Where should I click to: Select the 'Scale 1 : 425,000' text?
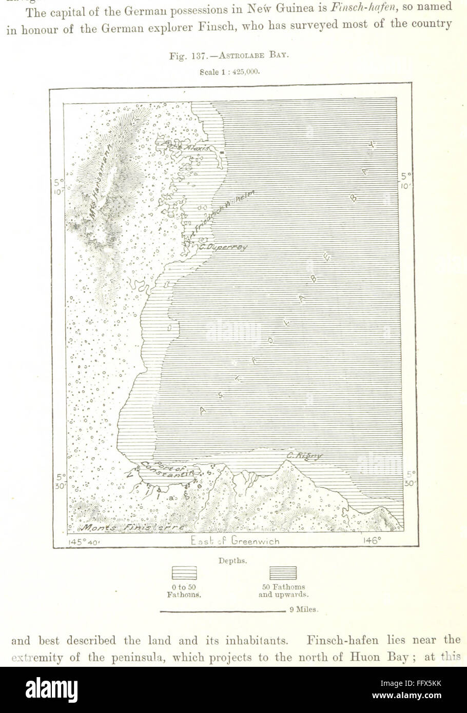229,72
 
